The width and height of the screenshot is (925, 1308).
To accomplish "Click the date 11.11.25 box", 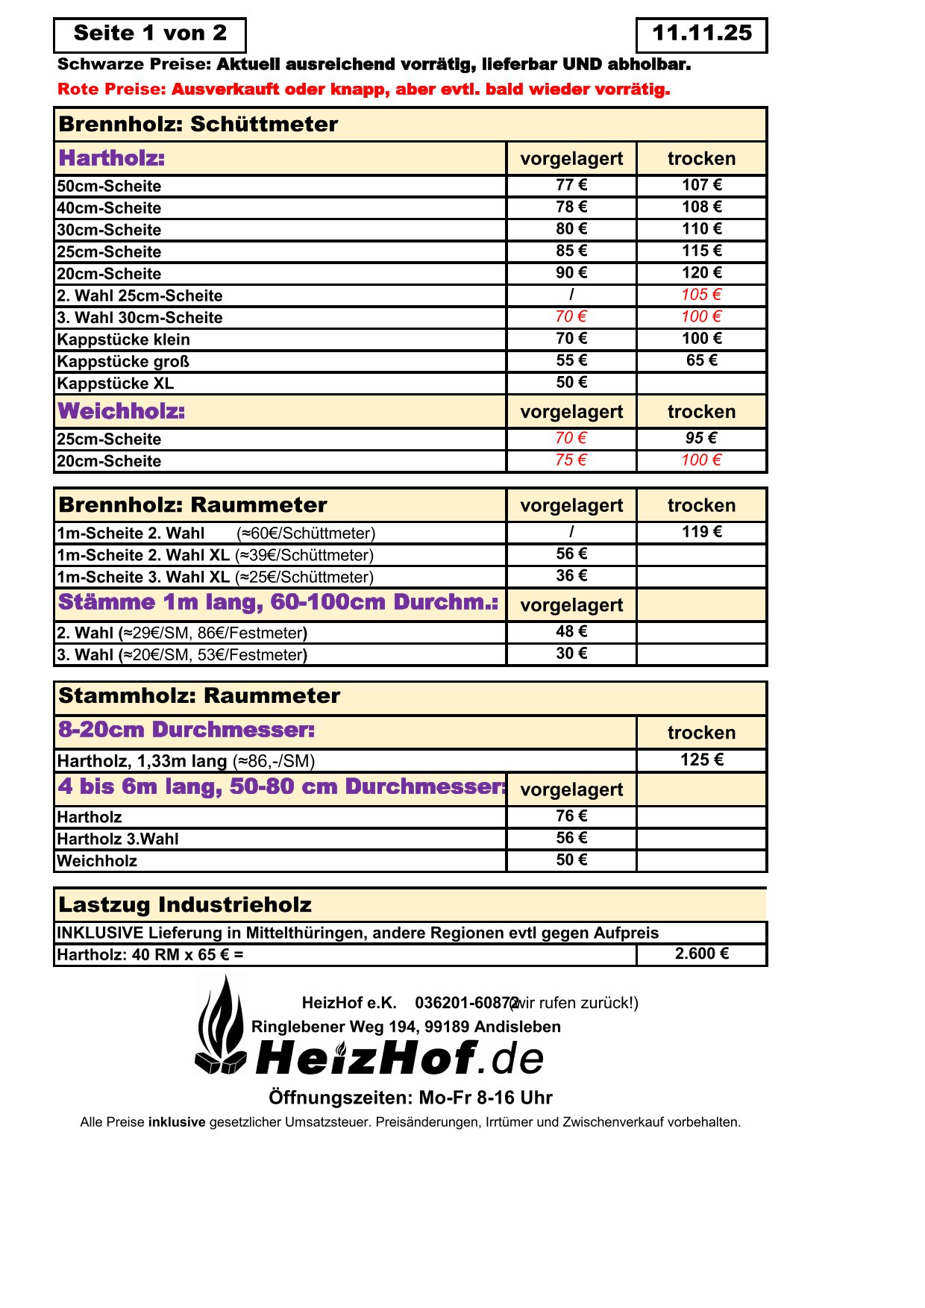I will point(701,34).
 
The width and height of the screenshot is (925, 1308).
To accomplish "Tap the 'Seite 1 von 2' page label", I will point(150,34).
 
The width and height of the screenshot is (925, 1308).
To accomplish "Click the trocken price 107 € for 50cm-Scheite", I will point(701,185).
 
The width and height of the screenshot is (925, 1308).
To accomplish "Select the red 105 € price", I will point(701,295).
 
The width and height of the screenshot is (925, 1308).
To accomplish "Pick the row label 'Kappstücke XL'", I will point(116,384).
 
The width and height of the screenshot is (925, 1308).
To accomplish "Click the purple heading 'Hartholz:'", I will point(112,158).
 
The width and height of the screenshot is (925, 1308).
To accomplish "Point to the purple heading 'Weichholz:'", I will point(122,411).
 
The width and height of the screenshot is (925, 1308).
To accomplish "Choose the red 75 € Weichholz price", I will point(571,460).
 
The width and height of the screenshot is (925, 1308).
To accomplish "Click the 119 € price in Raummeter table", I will point(701,532).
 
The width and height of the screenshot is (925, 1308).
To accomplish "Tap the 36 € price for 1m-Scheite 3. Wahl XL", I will point(571,576).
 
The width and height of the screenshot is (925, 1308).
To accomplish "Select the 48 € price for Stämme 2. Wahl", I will point(571,632).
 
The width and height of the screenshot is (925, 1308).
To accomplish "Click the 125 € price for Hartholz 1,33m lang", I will point(701,760).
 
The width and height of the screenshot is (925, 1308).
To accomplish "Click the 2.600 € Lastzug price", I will point(701,954).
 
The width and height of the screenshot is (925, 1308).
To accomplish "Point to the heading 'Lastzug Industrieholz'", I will point(185,905).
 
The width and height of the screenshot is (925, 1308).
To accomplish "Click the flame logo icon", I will point(221,1026).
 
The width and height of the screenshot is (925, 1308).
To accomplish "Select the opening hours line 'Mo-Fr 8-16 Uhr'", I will point(410,1098).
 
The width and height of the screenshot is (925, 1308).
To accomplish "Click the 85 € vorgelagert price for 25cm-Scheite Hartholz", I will point(571,251).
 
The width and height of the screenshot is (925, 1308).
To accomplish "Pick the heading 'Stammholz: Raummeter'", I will point(199,696).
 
